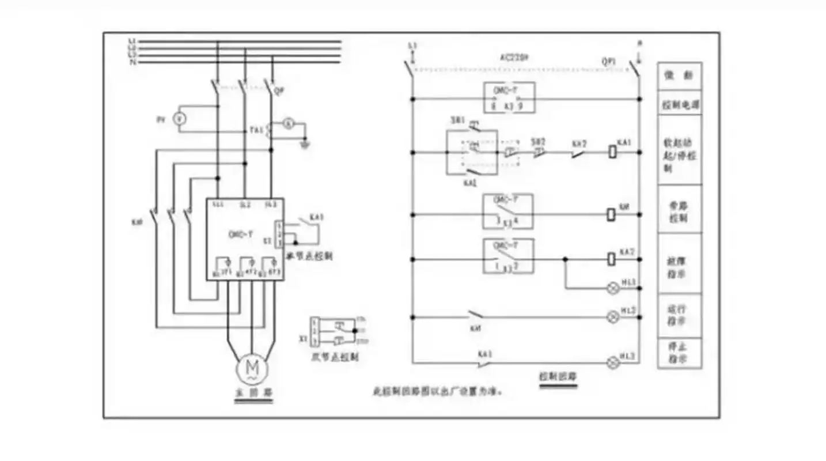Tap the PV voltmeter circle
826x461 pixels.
179,119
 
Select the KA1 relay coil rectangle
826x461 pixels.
612,153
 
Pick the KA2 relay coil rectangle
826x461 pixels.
612,259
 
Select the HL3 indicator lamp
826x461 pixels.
614,362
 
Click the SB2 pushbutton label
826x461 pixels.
538,141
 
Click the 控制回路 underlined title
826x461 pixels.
558,377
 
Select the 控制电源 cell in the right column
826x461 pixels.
680,106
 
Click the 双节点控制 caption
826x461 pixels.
335,357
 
